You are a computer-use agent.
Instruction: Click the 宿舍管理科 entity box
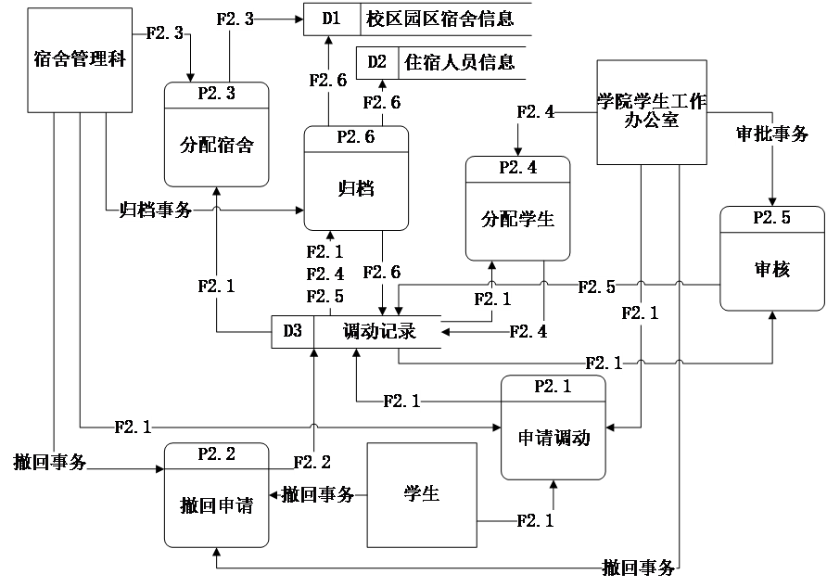pyautogui.click(x=79, y=60)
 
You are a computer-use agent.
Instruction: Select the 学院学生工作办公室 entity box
pyautogui.click(x=651, y=112)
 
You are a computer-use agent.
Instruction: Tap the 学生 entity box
pyautogui.click(x=422, y=494)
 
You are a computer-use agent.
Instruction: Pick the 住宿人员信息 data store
pyautogui.click(x=460, y=63)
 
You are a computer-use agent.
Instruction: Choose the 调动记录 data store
pyautogui.click(x=378, y=331)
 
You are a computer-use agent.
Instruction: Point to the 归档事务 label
pyautogui.click(x=156, y=210)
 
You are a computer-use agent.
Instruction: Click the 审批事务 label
pyautogui.click(x=771, y=134)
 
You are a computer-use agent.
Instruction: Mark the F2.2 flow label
pyautogui.click(x=312, y=462)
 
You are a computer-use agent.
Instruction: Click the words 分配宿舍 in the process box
pyautogui.click(x=216, y=145)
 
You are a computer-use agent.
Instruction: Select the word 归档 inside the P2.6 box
pyautogui.click(x=356, y=188)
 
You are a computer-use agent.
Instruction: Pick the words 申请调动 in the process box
pyautogui.click(x=553, y=438)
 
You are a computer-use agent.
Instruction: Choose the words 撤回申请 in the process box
pyautogui.click(x=216, y=505)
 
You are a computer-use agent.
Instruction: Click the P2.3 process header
pyautogui.click(x=216, y=94)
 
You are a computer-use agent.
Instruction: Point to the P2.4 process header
pyautogui.click(x=517, y=168)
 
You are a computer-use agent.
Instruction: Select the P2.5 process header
pyautogui.click(x=771, y=218)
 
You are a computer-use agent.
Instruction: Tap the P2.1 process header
pyautogui.click(x=553, y=387)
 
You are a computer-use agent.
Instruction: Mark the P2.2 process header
pyautogui.click(x=216, y=454)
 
